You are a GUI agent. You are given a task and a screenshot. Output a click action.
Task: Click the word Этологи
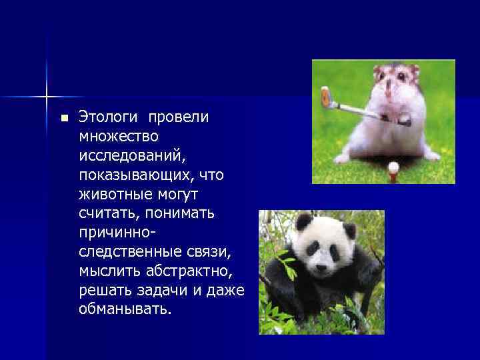107,117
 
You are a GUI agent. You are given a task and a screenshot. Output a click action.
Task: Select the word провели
179,117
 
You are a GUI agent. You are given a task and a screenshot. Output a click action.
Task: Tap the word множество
119,137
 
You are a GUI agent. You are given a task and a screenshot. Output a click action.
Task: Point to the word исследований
133,156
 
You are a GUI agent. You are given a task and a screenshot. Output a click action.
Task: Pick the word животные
113,195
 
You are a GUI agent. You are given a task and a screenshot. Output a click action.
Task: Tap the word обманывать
124,310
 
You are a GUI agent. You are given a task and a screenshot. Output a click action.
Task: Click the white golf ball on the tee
394,166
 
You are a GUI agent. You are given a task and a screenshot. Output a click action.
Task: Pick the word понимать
174,214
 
